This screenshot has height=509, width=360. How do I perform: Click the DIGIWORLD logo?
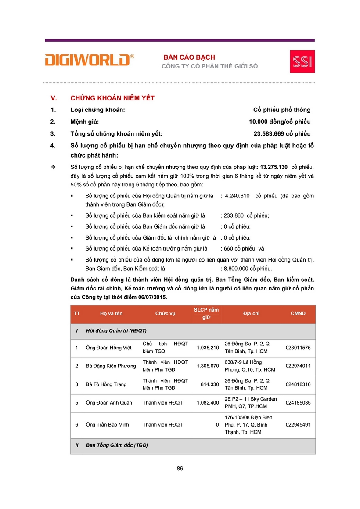pos(89,60)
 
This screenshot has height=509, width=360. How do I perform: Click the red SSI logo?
pos(302,62)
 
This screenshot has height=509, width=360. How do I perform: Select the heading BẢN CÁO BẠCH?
pos(189,57)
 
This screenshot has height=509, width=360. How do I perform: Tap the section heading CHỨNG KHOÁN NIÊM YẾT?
pos(112,98)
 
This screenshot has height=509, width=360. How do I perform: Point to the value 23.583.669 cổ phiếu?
pos(282,134)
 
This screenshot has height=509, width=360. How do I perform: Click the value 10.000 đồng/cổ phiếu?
pos(279,122)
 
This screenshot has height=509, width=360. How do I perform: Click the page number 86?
pos(180,468)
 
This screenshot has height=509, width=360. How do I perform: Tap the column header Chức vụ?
pos(165,314)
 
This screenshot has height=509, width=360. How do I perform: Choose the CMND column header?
pos(298,314)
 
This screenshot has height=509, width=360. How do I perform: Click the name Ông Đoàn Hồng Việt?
pos(109,348)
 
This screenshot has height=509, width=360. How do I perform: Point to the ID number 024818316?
pos(298,384)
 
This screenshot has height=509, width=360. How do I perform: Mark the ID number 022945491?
pos(298,425)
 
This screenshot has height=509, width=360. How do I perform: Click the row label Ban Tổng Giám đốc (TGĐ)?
pos(117,445)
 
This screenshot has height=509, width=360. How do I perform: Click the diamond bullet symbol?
pos(53,167)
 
